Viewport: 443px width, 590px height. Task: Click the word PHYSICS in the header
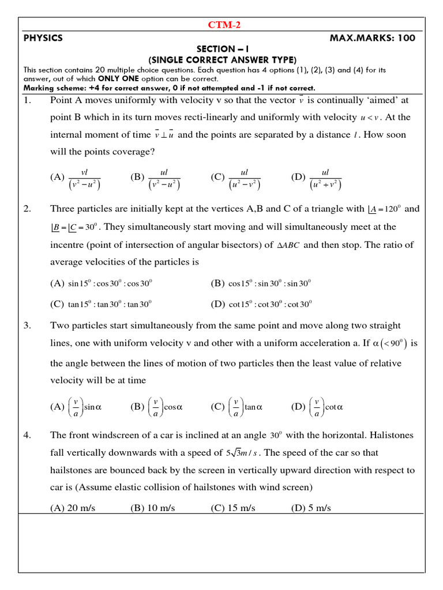tap(43, 38)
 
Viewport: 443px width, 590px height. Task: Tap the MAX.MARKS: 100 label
tap(372, 38)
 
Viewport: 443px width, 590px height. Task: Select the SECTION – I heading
tap(222, 50)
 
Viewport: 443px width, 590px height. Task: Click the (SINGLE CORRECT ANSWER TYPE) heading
tap(222, 60)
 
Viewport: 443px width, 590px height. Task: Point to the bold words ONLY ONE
tap(118, 79)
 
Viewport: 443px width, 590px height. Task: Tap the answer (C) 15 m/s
tap(233, 508)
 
